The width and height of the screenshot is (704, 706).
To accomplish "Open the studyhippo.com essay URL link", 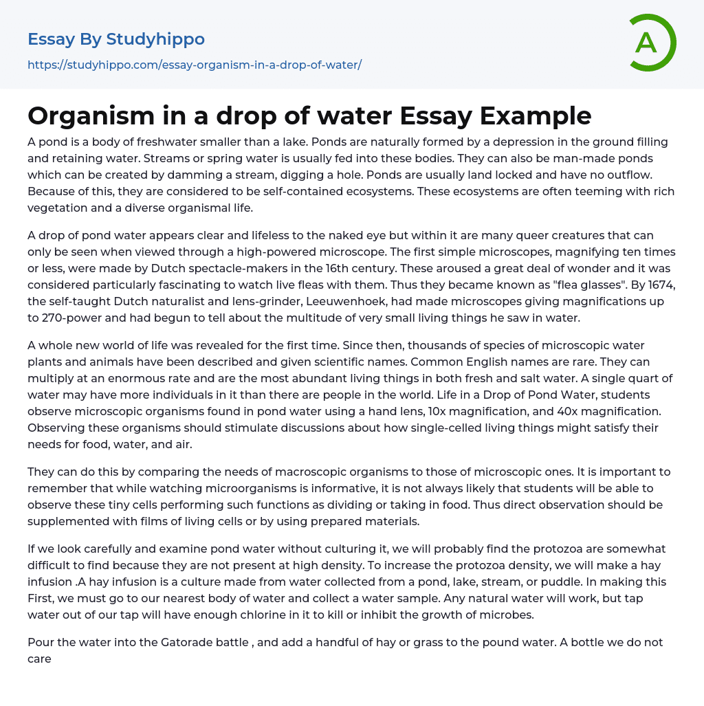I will click(x=195, y=65).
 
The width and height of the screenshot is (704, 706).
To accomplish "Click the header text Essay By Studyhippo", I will click(x=116, y=39).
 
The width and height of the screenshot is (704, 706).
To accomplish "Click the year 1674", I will click(x=659, y=285).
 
